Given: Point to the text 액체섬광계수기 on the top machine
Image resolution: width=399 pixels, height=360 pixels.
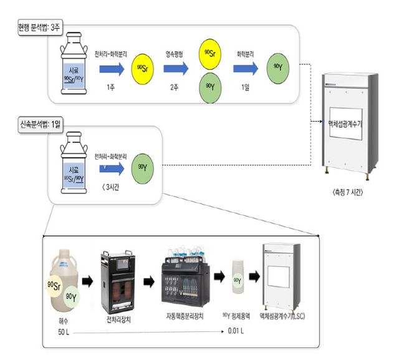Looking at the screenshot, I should point(349,123).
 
